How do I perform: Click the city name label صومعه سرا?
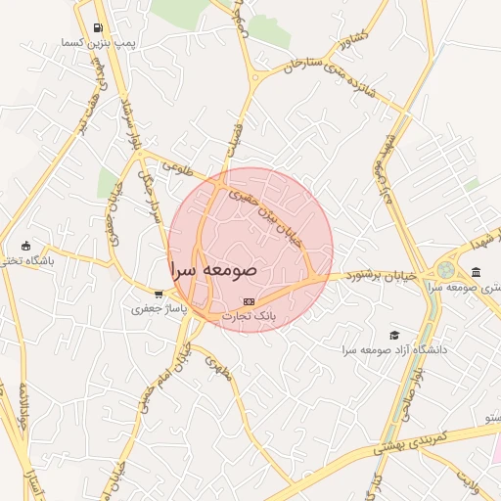click(213, 267)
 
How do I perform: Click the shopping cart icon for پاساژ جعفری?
click(159, 294)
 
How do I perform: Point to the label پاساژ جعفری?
click(159, 308)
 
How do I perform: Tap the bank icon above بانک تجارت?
click(249, 302)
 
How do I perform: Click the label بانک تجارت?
click(250, 317)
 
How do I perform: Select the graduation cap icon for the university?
click(394, 335)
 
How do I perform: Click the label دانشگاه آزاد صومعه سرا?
click(394, 349)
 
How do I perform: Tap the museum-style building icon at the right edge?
click(476, 272)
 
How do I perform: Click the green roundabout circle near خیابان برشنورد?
click(446, 269)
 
